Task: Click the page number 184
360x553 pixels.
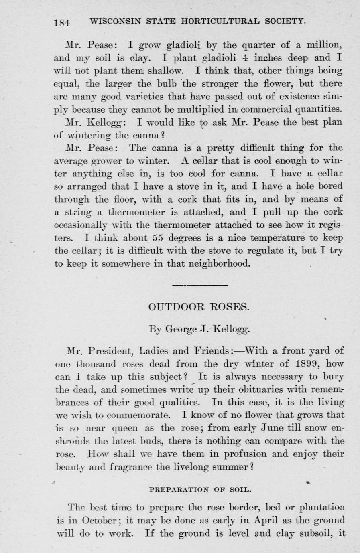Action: (62, 22)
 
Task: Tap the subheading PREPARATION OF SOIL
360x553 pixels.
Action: (200, 490)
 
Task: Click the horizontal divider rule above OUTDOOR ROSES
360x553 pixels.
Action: (200, 285)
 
